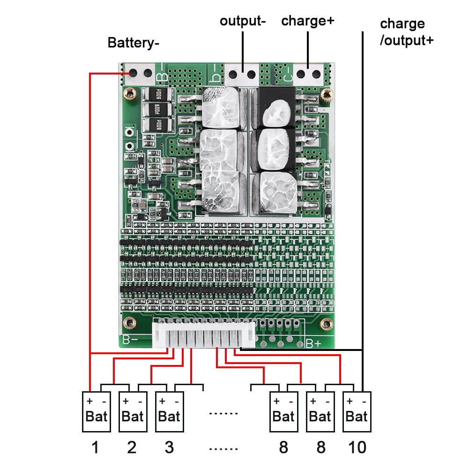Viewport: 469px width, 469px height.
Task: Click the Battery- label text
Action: click(x=134, y=43)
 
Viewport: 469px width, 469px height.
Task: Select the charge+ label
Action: click(x=307, y=21)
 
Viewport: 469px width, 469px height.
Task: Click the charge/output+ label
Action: click(x=406, y=32)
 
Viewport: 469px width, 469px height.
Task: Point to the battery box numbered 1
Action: click(x=95, y=411)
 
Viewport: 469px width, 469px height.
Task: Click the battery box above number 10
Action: click(x=357, y=411)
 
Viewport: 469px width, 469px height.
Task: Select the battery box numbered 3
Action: click(x=168, y=411)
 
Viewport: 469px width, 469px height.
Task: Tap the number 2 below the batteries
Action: click(x=132, y=447)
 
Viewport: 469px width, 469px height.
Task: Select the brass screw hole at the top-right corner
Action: click(x=325, y=97)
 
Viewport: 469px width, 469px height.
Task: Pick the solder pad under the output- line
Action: click(x=243, y=74)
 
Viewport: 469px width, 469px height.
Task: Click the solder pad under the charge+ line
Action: click(x=308, y=74)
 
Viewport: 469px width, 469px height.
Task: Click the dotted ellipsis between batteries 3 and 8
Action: click(x=223, y=413)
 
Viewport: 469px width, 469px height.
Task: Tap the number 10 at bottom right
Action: click(x=357, y=447)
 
